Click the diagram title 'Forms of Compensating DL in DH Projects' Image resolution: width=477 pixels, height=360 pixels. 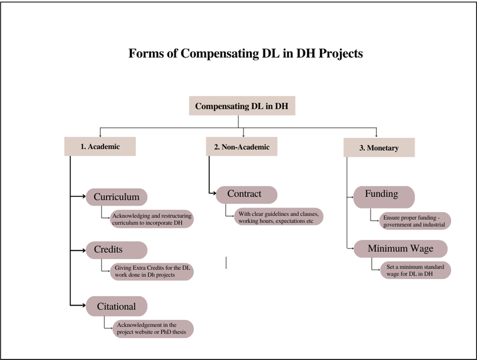click(x=246, y=53)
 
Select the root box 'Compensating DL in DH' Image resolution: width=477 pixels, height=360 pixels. click(x=242, y=106)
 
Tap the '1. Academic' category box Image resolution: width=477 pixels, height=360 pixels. click(x=100, y=146)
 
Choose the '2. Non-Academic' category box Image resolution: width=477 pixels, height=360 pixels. click(x=242, y=146)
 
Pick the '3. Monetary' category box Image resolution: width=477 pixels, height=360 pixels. click(x=379, y=148)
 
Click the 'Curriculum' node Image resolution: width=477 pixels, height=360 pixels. click(x=116, y=197)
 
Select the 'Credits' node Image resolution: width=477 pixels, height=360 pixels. click(x=116, y=250)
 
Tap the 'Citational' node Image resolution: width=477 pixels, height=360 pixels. click(x=116, y=306)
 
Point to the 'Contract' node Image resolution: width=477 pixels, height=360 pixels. click(x=246, y=195)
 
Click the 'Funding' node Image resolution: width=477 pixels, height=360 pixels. click(x=384, y=197)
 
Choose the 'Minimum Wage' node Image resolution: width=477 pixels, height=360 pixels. click(x=401, y=249)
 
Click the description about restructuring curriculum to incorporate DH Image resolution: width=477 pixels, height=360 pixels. click(x=152, y=219)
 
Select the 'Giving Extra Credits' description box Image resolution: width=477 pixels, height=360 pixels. click(x=152, y=271)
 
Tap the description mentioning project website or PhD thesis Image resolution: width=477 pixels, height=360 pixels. click(x=153, y=329)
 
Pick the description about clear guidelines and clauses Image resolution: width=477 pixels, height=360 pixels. click(x=279, y=216)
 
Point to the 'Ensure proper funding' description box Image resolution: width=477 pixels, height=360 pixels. click(x=415, y=221)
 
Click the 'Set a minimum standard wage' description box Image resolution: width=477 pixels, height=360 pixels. click(x=415, y=270)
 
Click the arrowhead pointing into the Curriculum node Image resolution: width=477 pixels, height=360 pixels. click(x=84, y=197)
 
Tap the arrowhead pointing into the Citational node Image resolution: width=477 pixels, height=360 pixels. click(x=84, y=306)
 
